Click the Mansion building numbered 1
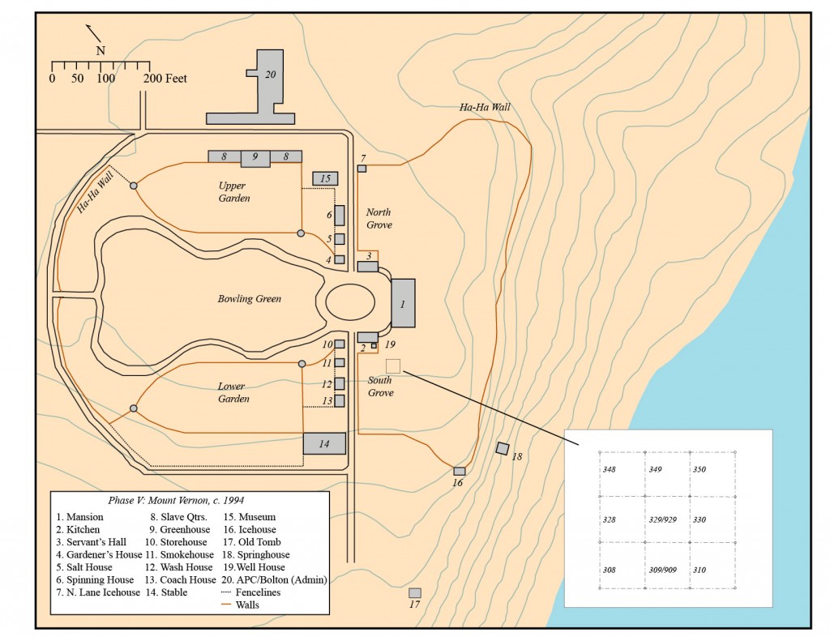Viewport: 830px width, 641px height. click(403, 302)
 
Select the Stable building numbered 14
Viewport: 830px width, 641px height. click(324, 442)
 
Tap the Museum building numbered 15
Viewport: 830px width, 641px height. click(325, 178)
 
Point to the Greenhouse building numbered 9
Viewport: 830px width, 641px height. click(255, 157)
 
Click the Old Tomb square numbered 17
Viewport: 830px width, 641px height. click(415, 593)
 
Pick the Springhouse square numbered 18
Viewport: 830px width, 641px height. click(503, 448)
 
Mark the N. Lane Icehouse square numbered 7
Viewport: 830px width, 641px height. click(362, 168)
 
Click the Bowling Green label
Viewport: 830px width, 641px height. click(250, 299)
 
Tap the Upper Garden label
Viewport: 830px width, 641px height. click(233, 192)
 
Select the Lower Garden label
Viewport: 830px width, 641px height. click(233, 392)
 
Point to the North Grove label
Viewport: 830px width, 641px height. click(379, 219)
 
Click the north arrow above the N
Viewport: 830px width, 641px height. click(94, 33)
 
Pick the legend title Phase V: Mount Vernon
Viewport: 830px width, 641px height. click(190, 500)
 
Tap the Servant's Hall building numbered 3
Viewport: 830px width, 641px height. click(368, 267)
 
